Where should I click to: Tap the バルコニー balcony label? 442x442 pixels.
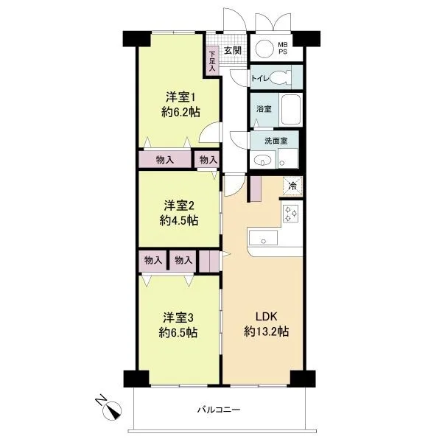pos(219,409)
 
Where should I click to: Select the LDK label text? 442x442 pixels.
pos(267,317)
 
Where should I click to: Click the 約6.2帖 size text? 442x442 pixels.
pos(181,113)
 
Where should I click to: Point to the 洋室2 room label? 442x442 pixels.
pos(179,206)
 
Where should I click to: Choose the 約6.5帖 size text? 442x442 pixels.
pos(178,333)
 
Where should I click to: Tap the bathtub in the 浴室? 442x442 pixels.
pos(291,110)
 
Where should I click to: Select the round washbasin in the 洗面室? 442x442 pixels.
pos(262,161)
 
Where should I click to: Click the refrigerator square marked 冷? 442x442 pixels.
pos(292,186)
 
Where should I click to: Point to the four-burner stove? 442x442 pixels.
pos(292,214)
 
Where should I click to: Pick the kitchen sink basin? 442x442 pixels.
pos(263,238)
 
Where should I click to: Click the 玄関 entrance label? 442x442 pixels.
pos(233,51)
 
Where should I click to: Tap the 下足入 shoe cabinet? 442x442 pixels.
pos(212,61)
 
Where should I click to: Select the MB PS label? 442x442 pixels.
pos(283,48)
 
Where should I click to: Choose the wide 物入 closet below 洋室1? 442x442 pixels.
pos(165,159)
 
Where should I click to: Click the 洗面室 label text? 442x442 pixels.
pos(276,141)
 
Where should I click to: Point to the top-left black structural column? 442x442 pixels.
pos(136,38)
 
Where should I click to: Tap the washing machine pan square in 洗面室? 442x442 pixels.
pos(288,158)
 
